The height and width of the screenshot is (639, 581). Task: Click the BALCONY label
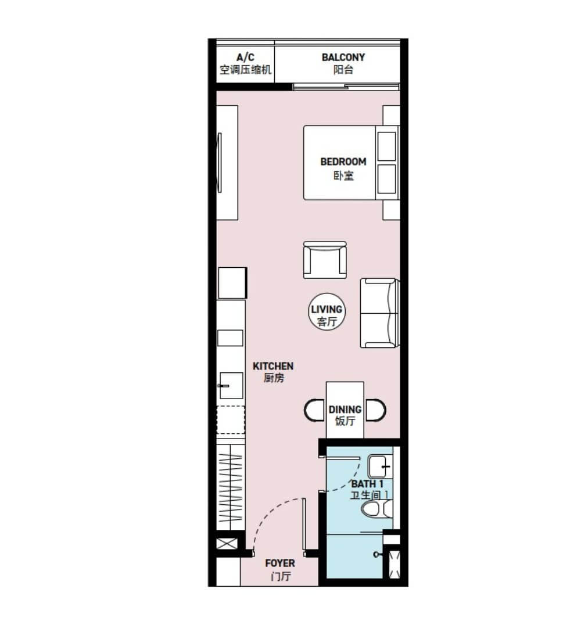click(343, 63)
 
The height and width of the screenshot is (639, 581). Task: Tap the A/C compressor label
click(245, 63)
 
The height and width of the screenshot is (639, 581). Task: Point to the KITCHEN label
click(273, 372)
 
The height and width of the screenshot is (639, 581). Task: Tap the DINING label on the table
click(345, 415)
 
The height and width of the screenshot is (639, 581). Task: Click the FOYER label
click(280, 569)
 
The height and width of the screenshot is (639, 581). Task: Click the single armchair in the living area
click(325, 260)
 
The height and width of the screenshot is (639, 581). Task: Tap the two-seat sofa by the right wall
click(378, 313)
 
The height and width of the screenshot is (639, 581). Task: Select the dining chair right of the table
click(375, 410)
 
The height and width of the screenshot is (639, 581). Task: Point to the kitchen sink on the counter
click(231, 386)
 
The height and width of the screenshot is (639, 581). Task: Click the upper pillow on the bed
click(386, 146)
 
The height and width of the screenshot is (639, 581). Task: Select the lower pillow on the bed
click(386, 179)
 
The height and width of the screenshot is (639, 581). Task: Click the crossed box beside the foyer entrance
click(227, 543)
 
